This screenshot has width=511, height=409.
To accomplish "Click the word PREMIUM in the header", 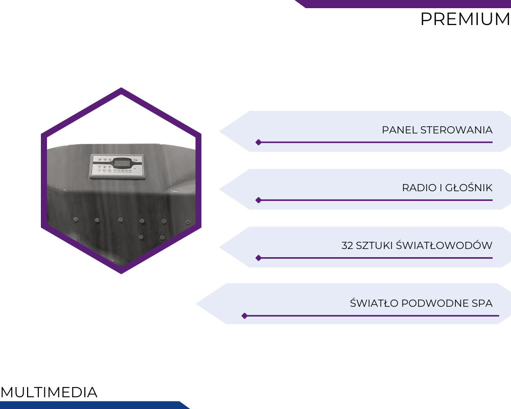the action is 466,19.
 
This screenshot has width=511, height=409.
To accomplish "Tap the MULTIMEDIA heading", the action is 49,392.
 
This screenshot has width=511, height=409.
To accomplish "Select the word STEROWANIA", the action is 456,130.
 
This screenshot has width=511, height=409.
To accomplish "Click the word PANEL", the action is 400,130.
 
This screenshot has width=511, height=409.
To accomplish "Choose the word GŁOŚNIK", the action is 469,187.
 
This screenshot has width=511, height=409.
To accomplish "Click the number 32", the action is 347,245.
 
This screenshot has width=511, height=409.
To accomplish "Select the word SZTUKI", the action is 374,245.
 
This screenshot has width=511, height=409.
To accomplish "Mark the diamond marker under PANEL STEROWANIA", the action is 259,142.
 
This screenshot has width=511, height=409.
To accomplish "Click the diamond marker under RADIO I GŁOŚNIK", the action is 259,200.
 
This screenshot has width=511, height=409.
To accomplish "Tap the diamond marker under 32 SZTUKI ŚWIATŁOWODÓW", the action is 259,258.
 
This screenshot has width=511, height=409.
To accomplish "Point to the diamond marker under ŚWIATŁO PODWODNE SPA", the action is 244,316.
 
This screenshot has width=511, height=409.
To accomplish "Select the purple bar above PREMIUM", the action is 403,4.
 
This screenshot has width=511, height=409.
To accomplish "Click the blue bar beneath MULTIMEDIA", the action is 95,405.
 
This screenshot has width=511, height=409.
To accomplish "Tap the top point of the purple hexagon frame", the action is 121,88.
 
